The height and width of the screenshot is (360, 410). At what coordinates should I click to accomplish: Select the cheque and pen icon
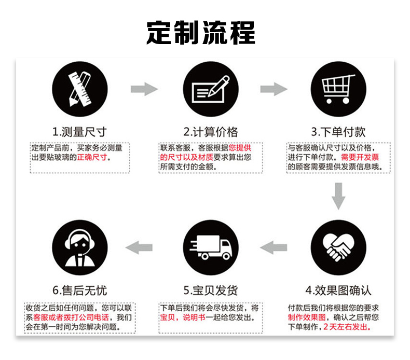[x=210, y=89]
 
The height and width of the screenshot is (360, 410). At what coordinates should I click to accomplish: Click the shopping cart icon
[x=338, y=89]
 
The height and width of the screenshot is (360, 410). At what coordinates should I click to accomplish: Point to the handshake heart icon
[x=338, y=247]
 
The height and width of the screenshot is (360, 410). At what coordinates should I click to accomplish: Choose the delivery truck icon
[x=210, y=247]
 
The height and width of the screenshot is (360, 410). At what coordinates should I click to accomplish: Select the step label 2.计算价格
[x=210, y=131]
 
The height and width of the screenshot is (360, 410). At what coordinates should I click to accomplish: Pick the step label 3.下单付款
[x=338, y=131]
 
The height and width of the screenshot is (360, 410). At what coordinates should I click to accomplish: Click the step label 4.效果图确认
[x=338, y=289]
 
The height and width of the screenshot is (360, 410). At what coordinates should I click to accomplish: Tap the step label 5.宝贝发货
[x=210, y=289]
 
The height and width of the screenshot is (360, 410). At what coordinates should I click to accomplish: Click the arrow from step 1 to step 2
[x=144, y=89]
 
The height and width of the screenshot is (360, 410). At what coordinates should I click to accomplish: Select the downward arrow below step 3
[x=338, y=196]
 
